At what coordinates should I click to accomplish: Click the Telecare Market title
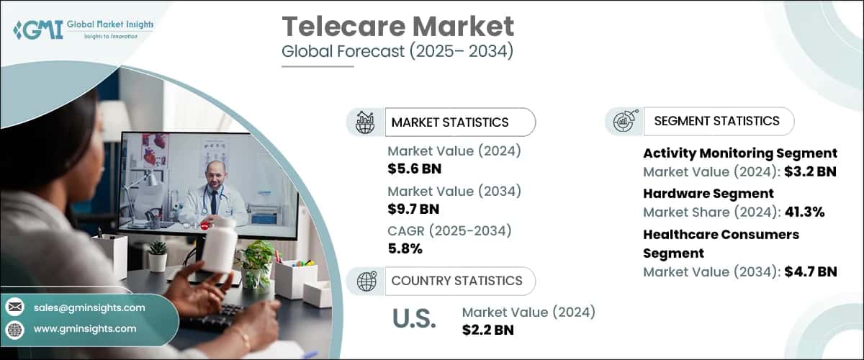coord(397,27)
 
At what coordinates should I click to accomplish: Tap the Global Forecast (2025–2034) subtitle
coord(397,53)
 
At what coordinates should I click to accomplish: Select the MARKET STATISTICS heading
coord(449,122)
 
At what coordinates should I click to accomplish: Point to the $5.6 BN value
coord(414,169)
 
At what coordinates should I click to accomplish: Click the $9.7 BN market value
coord(414,210)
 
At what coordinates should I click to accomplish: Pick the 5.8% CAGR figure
coord(405,249)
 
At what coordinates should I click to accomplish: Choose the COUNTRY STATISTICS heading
coord(456,281)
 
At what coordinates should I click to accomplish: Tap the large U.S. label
coord(415,318)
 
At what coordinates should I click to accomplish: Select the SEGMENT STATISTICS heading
coord(716,121)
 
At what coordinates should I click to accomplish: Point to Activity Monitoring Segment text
coord(739,153)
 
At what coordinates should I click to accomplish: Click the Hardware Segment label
coord(708,193)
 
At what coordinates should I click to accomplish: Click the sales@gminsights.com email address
coord(89,307)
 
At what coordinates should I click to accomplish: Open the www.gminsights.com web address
coord(84,328)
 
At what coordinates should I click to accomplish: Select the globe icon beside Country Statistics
coord(366,281)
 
